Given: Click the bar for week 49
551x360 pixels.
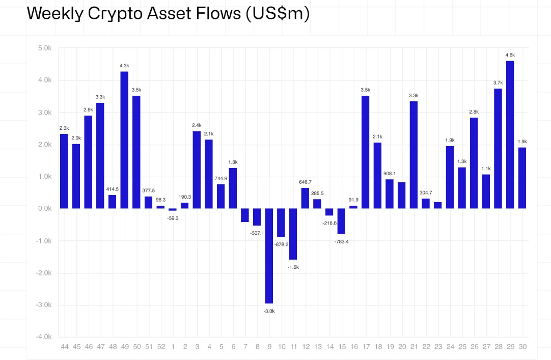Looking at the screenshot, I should (124, 140).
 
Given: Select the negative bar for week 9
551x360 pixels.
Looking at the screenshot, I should (269, 256).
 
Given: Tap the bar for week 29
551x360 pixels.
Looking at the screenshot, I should (510, 134).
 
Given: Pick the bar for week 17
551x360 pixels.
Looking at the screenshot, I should (365, 152).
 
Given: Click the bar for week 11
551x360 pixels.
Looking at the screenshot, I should (293, 234).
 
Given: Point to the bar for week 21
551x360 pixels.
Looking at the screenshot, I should (414, 155).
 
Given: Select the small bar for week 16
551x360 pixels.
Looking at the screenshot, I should (353, 207).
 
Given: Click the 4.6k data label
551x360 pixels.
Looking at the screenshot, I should (510, 55).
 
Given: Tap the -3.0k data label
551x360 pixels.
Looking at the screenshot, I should (269, 311).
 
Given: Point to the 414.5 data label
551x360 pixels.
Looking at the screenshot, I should (112, 189).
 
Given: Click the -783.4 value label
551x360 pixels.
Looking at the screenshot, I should (341, 241).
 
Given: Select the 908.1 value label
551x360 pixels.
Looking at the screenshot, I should (390, 173).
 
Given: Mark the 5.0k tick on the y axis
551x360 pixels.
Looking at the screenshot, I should (44, 48).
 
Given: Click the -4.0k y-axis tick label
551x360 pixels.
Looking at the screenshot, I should (43, 337).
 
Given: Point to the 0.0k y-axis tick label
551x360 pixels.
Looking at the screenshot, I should (44, 209).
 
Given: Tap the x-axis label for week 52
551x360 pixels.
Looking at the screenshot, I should (160, 347).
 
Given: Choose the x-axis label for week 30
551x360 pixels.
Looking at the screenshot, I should (522, 347).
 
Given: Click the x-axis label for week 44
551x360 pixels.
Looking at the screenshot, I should (64, 347).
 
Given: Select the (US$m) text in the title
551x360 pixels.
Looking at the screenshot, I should (277, 14).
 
